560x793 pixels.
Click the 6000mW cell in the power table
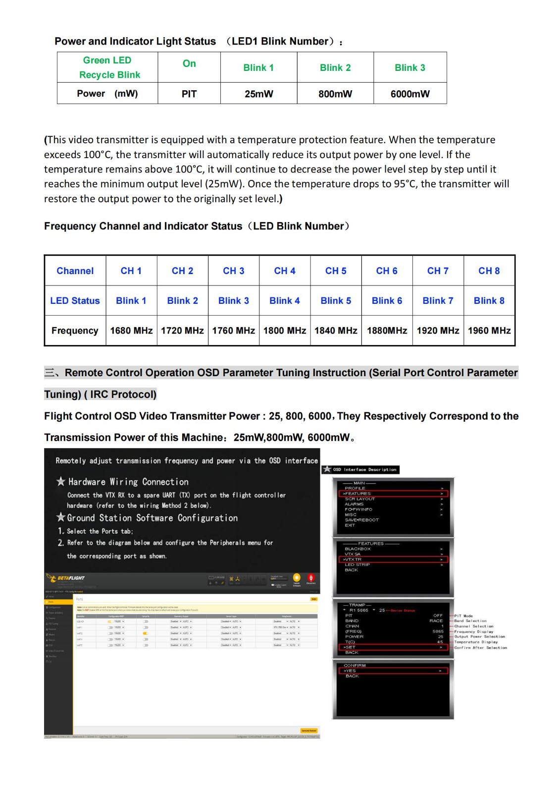click(410, 94)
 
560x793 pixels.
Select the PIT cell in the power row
click(189, 94)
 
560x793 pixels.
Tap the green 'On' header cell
click(189, 63)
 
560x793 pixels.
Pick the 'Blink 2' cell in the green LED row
click(335, 68)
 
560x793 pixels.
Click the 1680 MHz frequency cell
click(131, 331)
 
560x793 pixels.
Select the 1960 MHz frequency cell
click(489, 331)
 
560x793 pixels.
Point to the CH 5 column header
click(336, 271)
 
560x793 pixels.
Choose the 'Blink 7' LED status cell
click(438, 301)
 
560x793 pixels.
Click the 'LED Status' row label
click(75, 301)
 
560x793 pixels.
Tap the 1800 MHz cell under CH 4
click(285, 331)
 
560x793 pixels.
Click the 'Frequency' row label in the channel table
click(75, 331)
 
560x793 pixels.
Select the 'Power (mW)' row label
click(107, 94)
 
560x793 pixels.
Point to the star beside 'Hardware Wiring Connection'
click(61, 481)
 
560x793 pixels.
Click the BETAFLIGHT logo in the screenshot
click(66, 578)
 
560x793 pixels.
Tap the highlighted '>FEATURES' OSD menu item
click(393, 494)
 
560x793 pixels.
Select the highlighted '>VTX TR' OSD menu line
click(393, 560)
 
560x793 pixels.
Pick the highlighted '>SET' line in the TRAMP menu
click(393, 647)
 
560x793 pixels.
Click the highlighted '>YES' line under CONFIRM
click(393, 671)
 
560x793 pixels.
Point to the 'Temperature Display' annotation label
click(476, 642)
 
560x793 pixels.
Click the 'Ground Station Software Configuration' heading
click(152, 518)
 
